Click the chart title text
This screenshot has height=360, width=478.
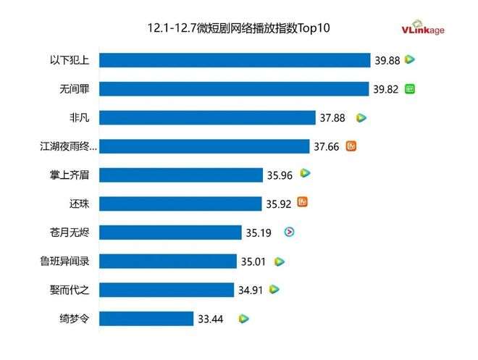238,28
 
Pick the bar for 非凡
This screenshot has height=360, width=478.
207,117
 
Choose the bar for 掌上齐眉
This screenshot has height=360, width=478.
180,175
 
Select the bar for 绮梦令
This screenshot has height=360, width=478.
146,318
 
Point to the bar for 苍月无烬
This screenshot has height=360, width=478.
169,233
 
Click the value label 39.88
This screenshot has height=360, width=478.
387,60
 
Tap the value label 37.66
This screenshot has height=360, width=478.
326,146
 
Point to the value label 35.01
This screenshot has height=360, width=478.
253,261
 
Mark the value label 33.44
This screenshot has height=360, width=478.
211,318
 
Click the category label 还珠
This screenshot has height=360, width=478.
78,204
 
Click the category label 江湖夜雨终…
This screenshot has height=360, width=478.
68,146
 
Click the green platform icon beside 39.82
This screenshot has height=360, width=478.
410,89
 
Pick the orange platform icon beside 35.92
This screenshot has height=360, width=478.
303,203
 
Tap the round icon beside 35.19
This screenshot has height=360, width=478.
288,233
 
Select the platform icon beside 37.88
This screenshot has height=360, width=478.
361,117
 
